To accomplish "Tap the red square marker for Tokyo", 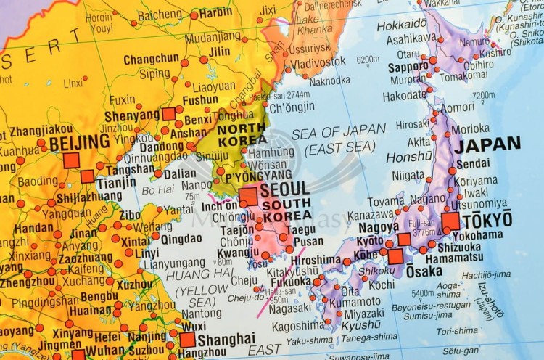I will tap(450, 221).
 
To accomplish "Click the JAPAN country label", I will tap(487, 144).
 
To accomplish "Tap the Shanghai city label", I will tap(226, 339).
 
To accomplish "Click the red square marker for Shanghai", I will tap(187, 340).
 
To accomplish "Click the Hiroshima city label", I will tap(316, 259).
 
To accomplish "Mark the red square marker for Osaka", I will tap(395, 256).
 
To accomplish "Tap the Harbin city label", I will tap(216, 12).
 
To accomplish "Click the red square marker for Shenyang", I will tap(168, 114).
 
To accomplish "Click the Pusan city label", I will tap(309, 241).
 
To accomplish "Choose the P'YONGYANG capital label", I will tap(258, 174).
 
